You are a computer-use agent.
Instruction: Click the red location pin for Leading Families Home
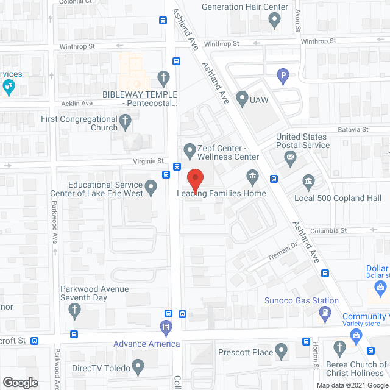[195, 180]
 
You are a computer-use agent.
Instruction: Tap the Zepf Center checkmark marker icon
[190, 149]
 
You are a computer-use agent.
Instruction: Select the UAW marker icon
[242, 97]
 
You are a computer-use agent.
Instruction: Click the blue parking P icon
[283, 76]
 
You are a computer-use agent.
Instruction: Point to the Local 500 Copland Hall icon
[308, 182]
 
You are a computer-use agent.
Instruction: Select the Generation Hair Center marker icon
[274, 21]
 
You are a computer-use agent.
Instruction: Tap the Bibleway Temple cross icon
[163, 77]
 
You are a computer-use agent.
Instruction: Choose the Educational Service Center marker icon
[152, 185]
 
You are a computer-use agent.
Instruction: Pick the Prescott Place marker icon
[281, 352]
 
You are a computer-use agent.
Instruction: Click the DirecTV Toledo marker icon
[138, 367]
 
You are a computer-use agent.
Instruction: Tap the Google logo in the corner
[19, 382]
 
